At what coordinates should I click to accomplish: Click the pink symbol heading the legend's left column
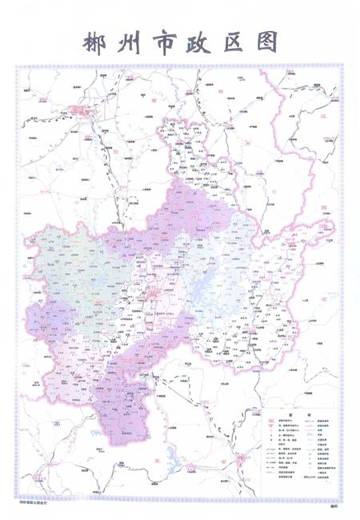pos(271,422)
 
